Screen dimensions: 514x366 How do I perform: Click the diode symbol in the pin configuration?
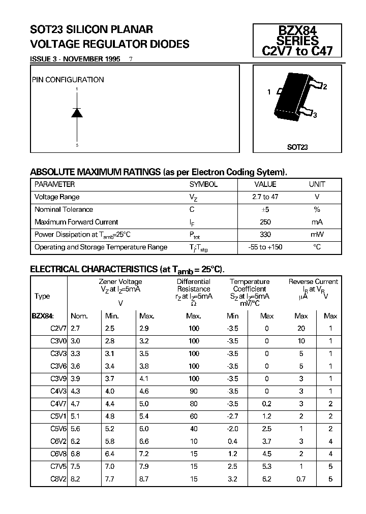[x=77, y=113]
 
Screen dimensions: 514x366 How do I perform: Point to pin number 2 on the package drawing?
[x=325, y=86]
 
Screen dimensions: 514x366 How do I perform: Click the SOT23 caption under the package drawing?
[x=297, y=147]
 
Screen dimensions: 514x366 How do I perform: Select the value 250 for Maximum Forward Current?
[x=265, y=222]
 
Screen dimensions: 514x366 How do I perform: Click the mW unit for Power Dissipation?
[x=317, y=235]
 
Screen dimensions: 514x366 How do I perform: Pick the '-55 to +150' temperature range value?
[x=265, y=247]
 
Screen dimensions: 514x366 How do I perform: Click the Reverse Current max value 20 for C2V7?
[x=301, y=329]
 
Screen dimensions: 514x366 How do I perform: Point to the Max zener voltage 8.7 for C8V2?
[x=144, y=479]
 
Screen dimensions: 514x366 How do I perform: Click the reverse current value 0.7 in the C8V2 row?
[x=301, y=479]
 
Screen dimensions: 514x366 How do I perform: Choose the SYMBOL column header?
[x=203, y=184]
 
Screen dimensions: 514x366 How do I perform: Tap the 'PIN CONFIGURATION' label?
[x=68, y=80]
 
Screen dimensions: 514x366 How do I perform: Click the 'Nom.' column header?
[x=79, y=316]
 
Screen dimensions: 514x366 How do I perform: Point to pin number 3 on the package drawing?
[x=315, y=115]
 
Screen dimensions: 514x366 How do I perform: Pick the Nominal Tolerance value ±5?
[x=265, y=209]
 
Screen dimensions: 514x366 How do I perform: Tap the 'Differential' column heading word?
[x=194, y=281]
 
